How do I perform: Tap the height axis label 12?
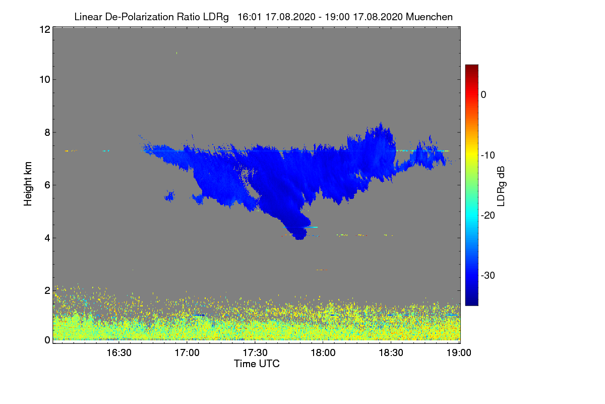[44, 29]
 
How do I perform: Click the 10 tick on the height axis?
[44, 79]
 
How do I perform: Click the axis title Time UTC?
[257, 364]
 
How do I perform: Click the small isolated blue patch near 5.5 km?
[169, 195]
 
